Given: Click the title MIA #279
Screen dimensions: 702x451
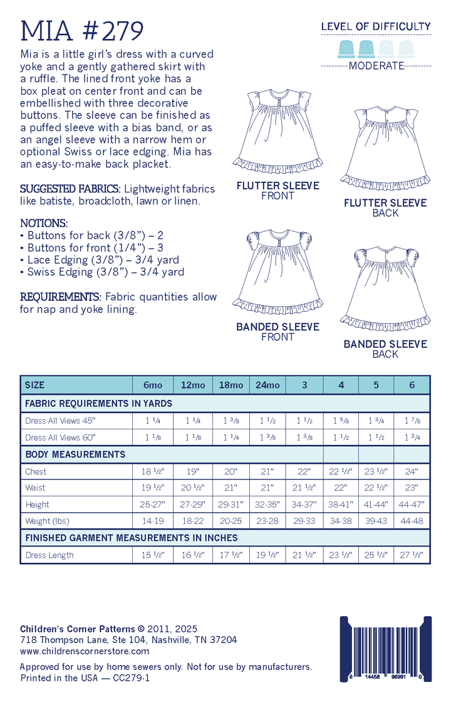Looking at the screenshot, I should coord(82,29).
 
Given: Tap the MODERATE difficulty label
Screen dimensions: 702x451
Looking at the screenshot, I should coord(376,66).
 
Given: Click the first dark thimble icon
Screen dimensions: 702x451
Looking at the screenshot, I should coord(346,48).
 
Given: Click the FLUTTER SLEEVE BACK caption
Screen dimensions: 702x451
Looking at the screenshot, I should coord(385,207).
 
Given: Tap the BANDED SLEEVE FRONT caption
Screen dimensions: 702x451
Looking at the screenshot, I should coord(277,332).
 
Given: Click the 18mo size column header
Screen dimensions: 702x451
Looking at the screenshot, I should coord(231,385).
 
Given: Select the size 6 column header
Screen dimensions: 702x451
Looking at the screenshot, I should coord(412,385).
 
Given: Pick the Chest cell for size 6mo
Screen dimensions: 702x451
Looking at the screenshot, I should coord(150,471).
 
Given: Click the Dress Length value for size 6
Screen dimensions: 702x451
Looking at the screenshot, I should coord(412,555).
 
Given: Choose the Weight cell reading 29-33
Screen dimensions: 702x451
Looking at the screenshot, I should coord(304,521).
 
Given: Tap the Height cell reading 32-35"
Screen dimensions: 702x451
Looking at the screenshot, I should coord(267,504).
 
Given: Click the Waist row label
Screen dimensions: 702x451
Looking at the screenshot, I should coord(35,488).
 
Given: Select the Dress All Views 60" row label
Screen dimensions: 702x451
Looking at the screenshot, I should coord(53,437).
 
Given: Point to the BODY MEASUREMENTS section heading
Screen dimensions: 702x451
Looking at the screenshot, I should coord(75,454).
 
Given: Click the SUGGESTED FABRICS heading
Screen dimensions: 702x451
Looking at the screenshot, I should coord(71,189).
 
